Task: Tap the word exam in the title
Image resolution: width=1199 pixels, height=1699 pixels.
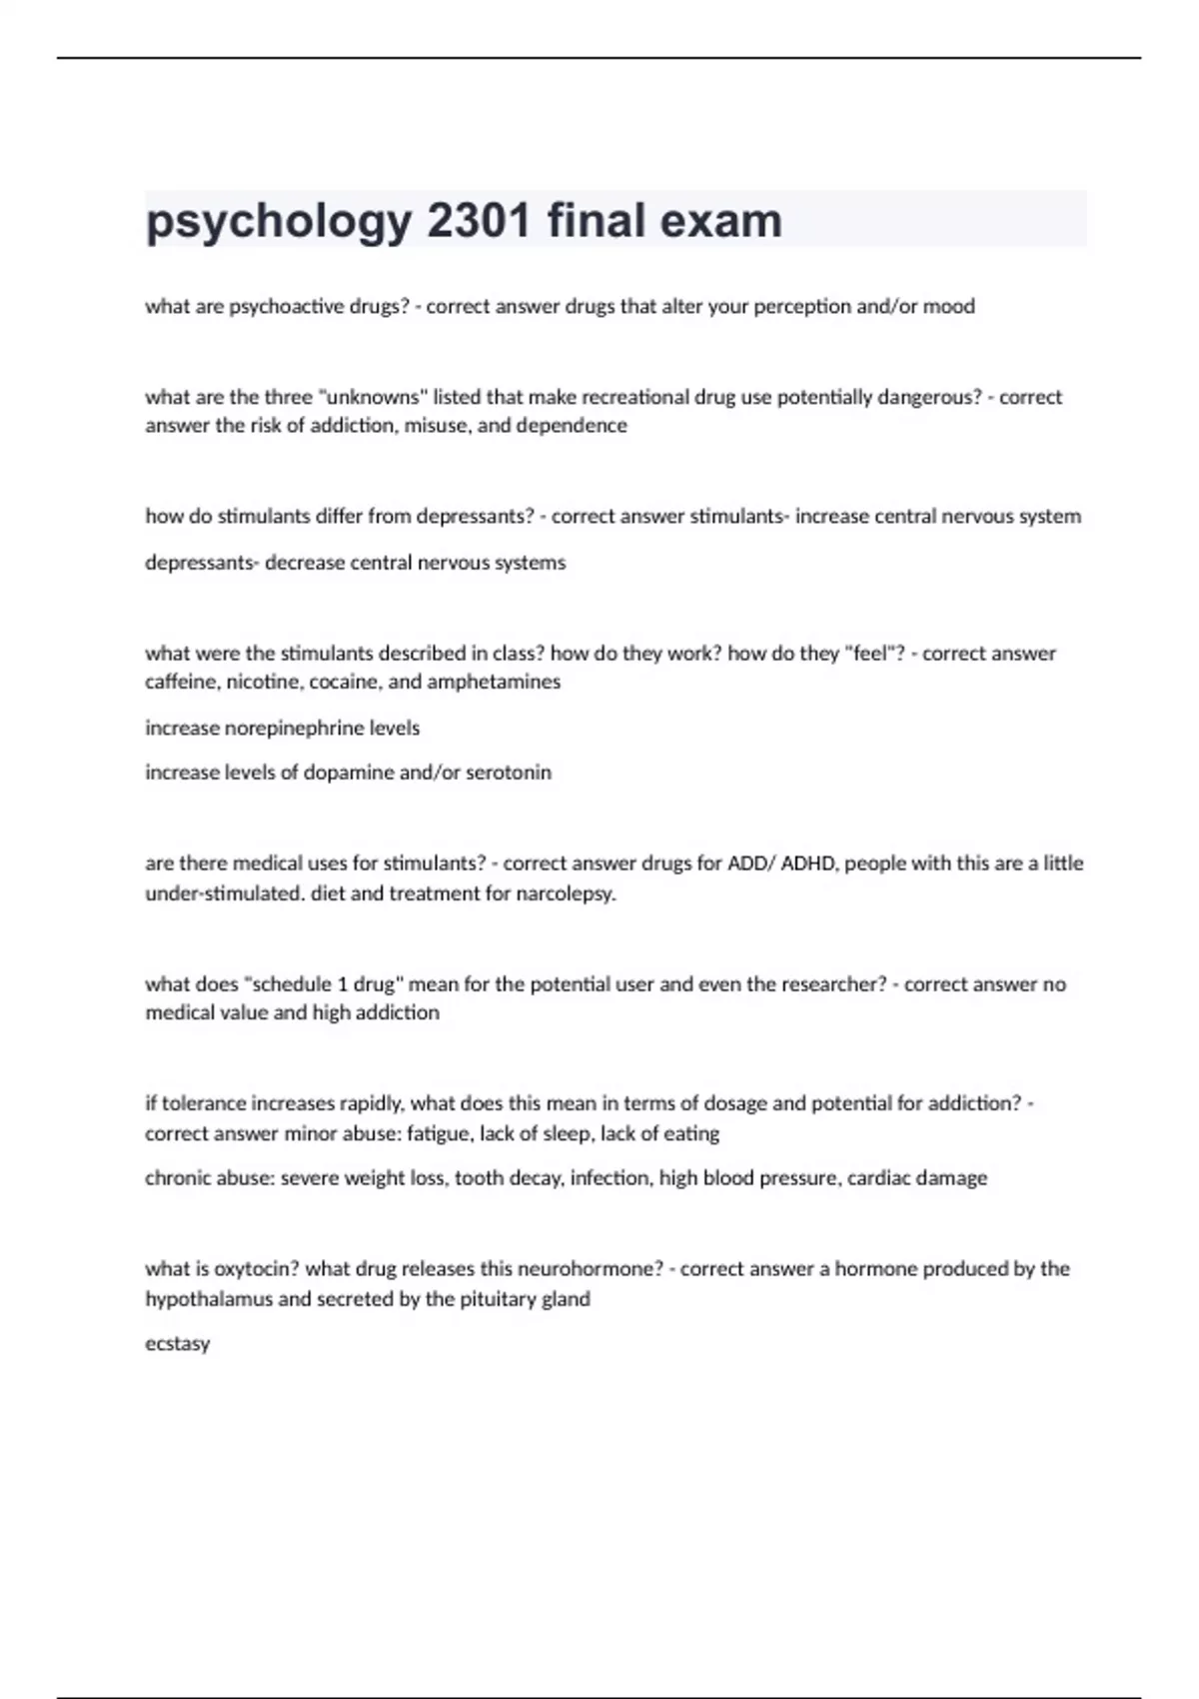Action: tap(726, 221)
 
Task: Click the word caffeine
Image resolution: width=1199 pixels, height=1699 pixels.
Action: tap(180, 682)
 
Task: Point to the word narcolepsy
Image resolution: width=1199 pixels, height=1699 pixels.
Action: tap(566, 893)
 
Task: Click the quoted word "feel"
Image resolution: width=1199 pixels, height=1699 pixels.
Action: tap(873, 654)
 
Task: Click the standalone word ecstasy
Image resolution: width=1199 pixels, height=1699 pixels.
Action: tap(178, 1344)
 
